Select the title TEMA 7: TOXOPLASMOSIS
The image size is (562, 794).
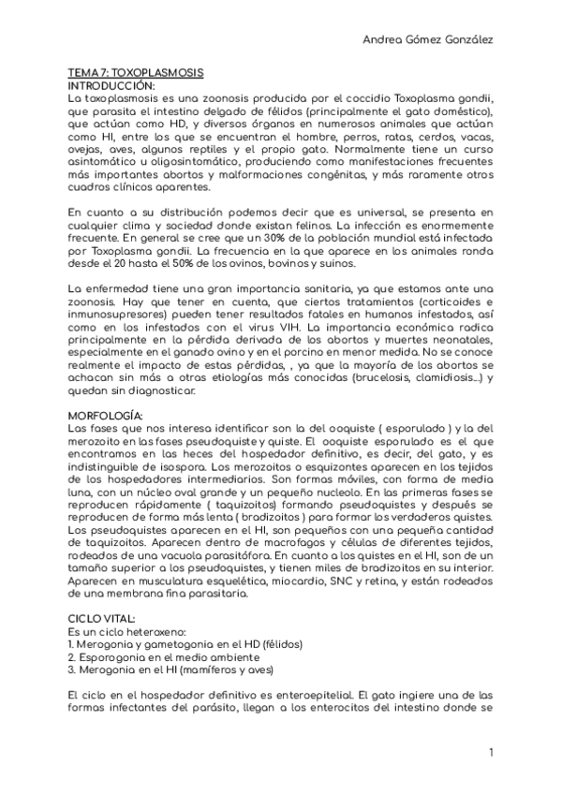pyautogui.click(x=136, y=73)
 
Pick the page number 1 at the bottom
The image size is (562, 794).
pyautogui.click(x=491, y=753)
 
